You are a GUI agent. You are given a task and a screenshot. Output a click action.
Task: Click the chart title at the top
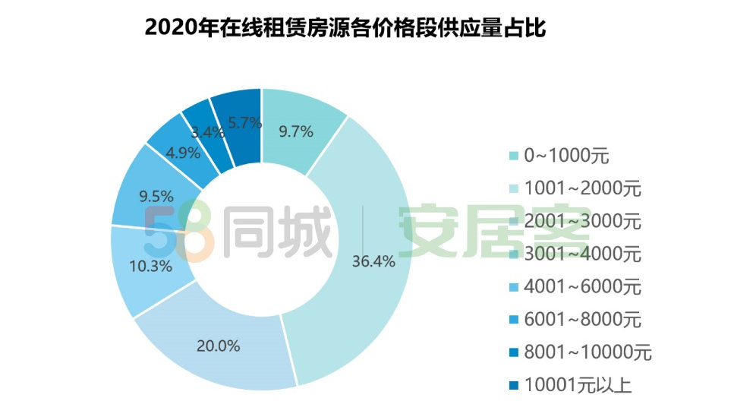tap(345, 28)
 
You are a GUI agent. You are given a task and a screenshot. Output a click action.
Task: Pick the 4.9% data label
tap(183, 153)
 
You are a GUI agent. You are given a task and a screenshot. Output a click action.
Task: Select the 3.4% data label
tap(207, 132)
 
